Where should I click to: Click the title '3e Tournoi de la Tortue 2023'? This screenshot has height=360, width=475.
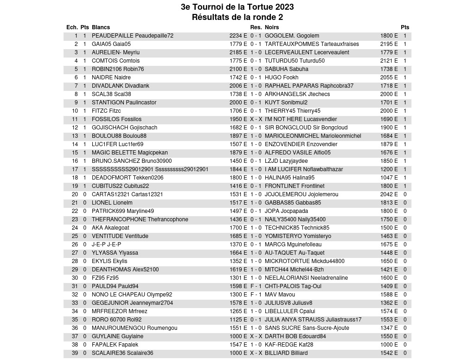point(237,7)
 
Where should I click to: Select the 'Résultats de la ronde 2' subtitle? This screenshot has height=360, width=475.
point(237,17)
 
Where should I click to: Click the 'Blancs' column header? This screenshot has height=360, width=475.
point(101,27)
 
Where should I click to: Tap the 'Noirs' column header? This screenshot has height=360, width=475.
point(272,27)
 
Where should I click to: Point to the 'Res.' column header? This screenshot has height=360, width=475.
point(256,27)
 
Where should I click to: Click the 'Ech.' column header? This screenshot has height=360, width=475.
point(72,27)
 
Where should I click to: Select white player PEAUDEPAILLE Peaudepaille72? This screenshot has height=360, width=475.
point(132,36)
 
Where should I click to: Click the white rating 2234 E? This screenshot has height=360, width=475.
point(238,36)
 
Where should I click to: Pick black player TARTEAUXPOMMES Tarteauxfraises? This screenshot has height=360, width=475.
point(312,44)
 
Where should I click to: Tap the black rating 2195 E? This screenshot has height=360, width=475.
point(389,44)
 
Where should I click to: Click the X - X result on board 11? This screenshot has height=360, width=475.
point(256,119)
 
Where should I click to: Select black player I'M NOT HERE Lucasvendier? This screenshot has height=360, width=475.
point(301,119)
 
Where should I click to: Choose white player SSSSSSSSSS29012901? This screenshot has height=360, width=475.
point(150,169)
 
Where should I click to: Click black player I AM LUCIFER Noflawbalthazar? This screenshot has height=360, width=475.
point(304,169)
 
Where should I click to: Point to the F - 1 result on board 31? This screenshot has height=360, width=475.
point(256,286)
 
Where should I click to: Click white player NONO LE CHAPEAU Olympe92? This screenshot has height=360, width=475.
point(132,295)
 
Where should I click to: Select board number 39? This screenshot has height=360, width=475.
point(75,353)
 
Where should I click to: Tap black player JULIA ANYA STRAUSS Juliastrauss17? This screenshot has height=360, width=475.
point(313,320)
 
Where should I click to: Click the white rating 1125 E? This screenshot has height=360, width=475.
point(238,320)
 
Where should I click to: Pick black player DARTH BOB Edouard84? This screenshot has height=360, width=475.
point(295,336)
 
